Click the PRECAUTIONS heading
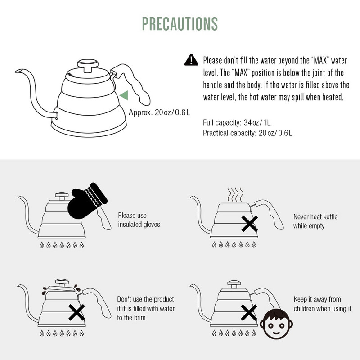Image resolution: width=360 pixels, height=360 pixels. pos(180,24)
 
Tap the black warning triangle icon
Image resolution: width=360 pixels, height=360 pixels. pos(191,60)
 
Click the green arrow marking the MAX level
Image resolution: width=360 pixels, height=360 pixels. pos(124,95)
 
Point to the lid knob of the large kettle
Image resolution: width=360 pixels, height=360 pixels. pos(88,65)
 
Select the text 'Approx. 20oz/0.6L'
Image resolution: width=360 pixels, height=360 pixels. pos(159,112)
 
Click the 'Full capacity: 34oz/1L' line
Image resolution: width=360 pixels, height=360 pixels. pos(237,122)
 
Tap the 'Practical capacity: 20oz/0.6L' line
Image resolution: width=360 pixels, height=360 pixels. pos(248,133)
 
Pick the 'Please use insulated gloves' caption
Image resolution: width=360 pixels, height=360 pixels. pos(139,220)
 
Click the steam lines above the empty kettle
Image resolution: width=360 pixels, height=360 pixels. pos(235,194)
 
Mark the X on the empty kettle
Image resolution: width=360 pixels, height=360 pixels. pos(250,224)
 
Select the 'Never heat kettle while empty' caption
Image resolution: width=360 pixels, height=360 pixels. pos(315,221)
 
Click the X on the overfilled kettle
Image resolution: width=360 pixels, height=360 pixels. pos(76,312)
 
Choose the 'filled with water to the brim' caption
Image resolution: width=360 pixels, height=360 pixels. pos(146,308)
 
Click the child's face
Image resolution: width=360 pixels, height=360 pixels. pos(276,324)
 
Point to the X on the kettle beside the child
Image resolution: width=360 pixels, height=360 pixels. pos(249,312)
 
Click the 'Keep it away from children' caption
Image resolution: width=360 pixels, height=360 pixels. pos(323,304)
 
